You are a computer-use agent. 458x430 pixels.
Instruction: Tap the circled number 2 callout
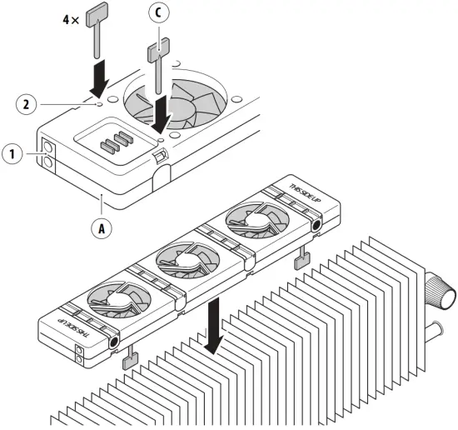pyautogui.click(x=27, y=104)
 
